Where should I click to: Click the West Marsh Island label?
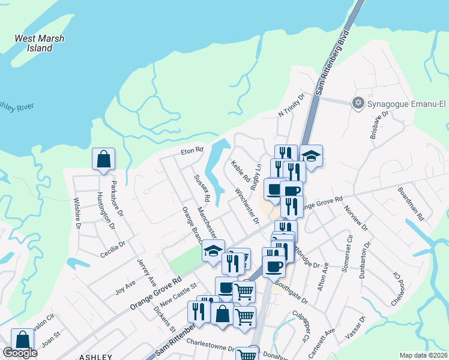(x=40, y=43)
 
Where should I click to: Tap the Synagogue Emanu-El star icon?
(x=359, y=103)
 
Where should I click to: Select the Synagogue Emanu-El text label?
(x=406, y=103)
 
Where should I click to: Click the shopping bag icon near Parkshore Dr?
(x=103, y=159)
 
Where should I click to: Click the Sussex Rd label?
(x=202, y=188)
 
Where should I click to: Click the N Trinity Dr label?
(x=292, y=104)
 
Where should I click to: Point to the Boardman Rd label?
(x=411, y=204)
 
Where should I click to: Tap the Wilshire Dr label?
(x=77, y=213)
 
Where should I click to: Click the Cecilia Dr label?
(x=113, y=249)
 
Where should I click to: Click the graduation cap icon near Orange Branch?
(x=213, y=250)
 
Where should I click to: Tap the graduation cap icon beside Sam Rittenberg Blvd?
(x=311, y=155)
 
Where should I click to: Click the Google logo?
(x=20, y=353)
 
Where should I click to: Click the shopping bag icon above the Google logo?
(x=22, y=339)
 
